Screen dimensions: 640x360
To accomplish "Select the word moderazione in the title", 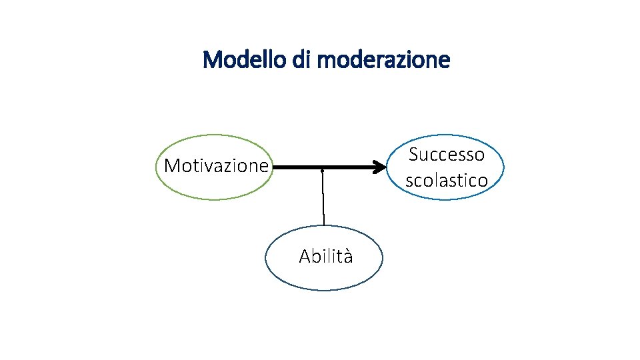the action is pos(384,60).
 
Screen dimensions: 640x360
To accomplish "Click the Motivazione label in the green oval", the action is pos(216,165).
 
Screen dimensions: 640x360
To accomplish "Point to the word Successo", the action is pos(447,155).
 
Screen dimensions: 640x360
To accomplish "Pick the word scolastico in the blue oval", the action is pos(447,180).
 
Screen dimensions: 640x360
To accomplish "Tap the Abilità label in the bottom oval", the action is pos(326,257).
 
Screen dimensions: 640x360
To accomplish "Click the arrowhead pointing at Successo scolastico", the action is pos(380,167).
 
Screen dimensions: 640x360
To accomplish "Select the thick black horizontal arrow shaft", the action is pos(320,167).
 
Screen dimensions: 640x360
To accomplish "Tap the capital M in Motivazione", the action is pos(171,165).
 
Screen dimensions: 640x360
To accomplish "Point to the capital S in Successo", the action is pos(413,155).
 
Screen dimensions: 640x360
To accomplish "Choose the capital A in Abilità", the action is pos(304,257).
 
